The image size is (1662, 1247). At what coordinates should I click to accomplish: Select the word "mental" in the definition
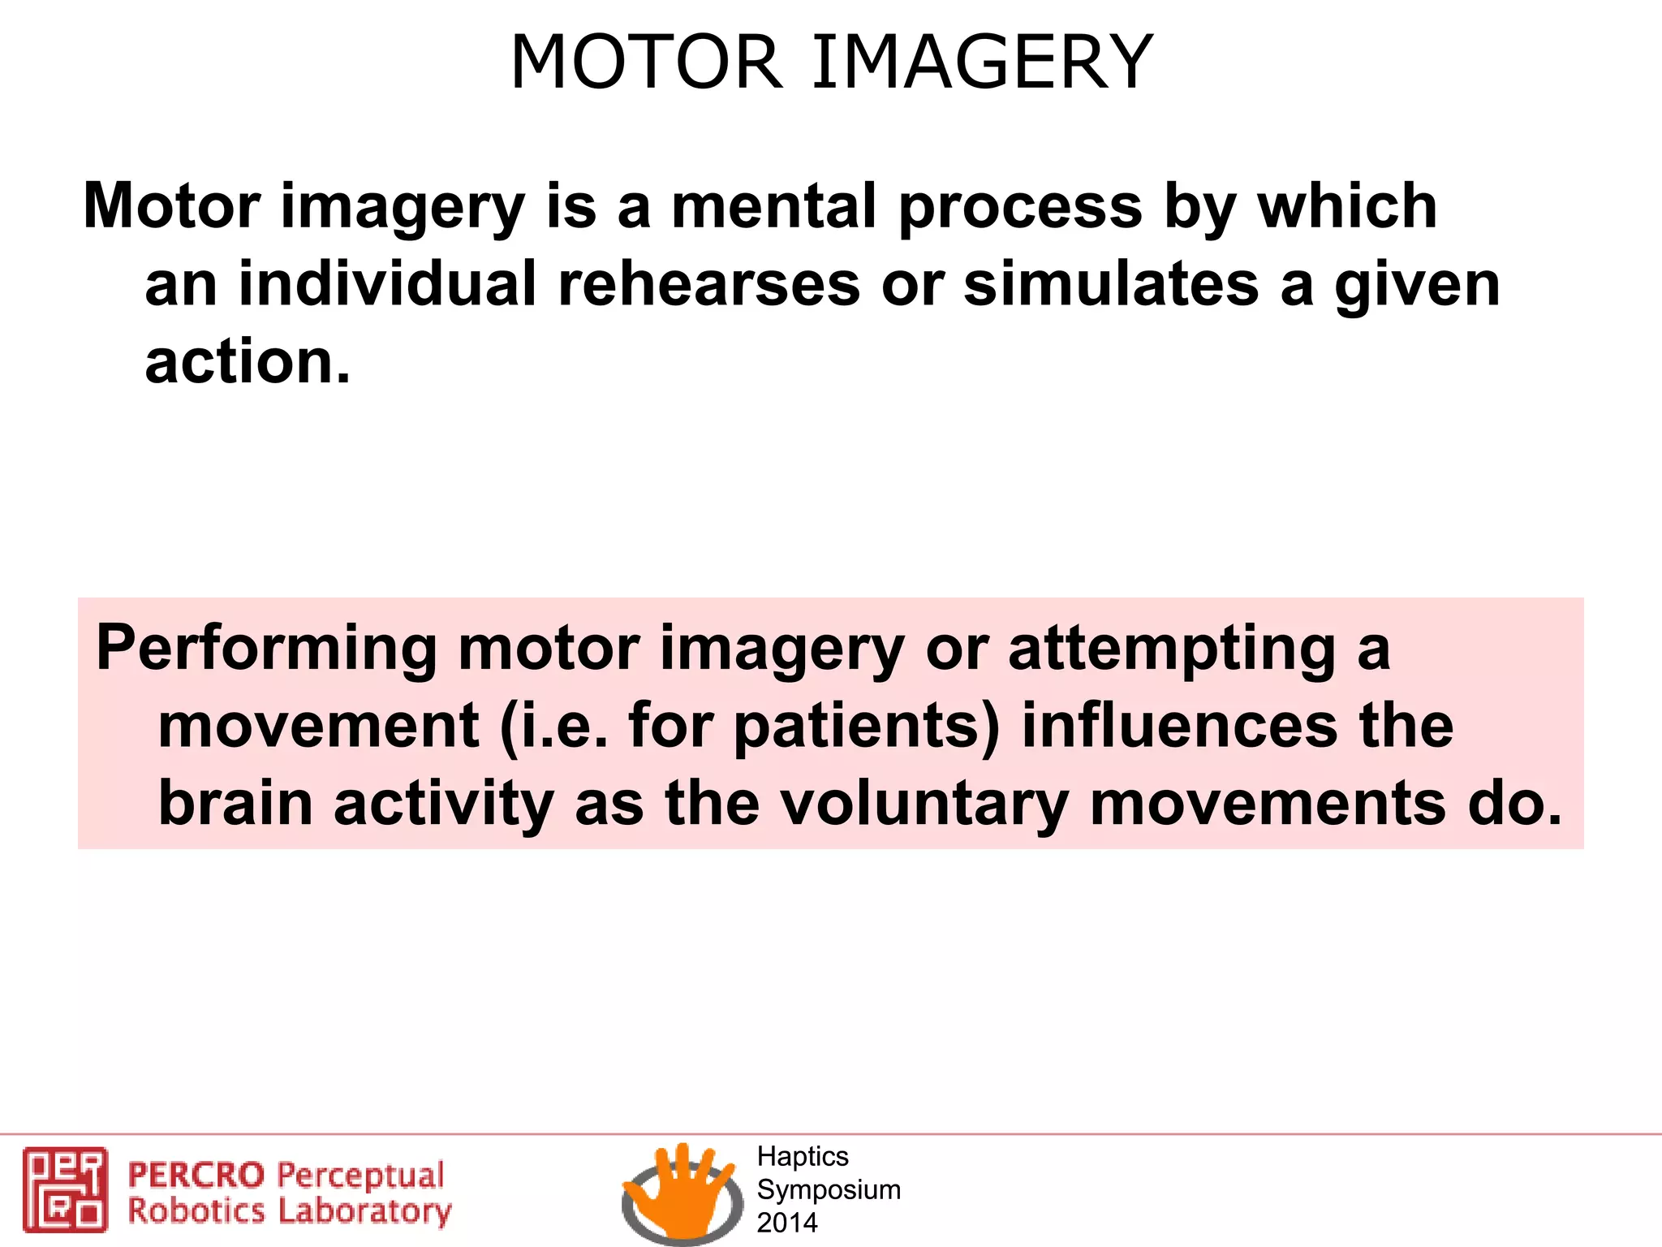tap(773, 206)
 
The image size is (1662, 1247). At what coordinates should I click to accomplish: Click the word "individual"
tap(387, 284)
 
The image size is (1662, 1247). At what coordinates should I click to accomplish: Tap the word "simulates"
tap(1111, 284)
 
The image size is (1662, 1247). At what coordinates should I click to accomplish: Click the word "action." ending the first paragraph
tap(248, 362)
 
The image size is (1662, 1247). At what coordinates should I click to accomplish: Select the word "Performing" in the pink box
tap(266, 649)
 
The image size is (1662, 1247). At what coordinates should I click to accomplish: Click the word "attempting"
tap(1171, 649)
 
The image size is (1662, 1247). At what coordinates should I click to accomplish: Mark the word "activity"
tap(443, 804)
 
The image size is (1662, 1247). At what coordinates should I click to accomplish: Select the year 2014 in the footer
tap(786, 1223)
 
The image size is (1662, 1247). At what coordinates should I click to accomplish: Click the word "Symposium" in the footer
tap(828, 1189)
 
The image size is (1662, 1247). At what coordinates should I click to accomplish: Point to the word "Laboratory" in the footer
tap(364, 1211)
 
